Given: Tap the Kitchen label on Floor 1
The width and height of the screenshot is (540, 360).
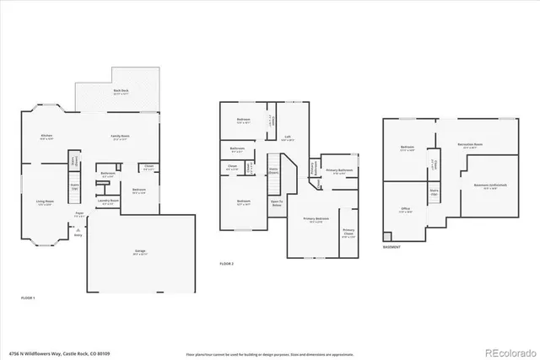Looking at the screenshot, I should tap(46, 136).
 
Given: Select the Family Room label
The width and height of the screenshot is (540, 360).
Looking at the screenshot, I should tap(119, 136).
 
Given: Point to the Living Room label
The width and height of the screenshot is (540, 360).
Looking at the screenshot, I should tap(45, 201).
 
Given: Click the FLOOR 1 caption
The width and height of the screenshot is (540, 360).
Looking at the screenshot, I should tap(29, 298).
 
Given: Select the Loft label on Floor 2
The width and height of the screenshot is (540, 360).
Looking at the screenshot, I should tap(288, 137).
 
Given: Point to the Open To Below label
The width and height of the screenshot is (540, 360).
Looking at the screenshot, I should tap(276, 203).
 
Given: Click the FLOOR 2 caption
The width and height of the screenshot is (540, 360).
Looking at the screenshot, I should tap(226, 264).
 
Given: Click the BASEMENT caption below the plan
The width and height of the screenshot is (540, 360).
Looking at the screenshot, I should tap(391, 247).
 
